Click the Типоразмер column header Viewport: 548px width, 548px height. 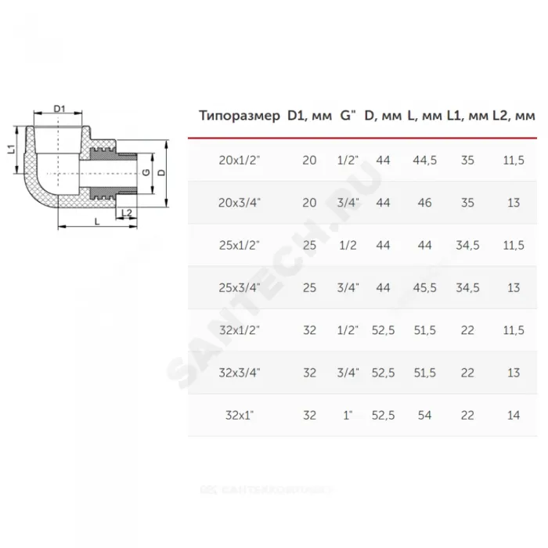tap(240, 115)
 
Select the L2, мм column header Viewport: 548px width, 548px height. tap(514, 115)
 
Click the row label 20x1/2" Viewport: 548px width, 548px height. tap(240, 160)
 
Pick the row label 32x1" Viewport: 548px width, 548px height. tap(240, 415)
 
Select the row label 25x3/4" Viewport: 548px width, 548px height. tap(240, 287)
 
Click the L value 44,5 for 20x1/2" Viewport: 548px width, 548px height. tap(424, 160)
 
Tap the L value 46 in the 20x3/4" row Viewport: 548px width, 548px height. tap(424, 203)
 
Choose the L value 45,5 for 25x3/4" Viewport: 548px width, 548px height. tap(424, 287)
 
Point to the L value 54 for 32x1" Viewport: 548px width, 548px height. tap(424, 415)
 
